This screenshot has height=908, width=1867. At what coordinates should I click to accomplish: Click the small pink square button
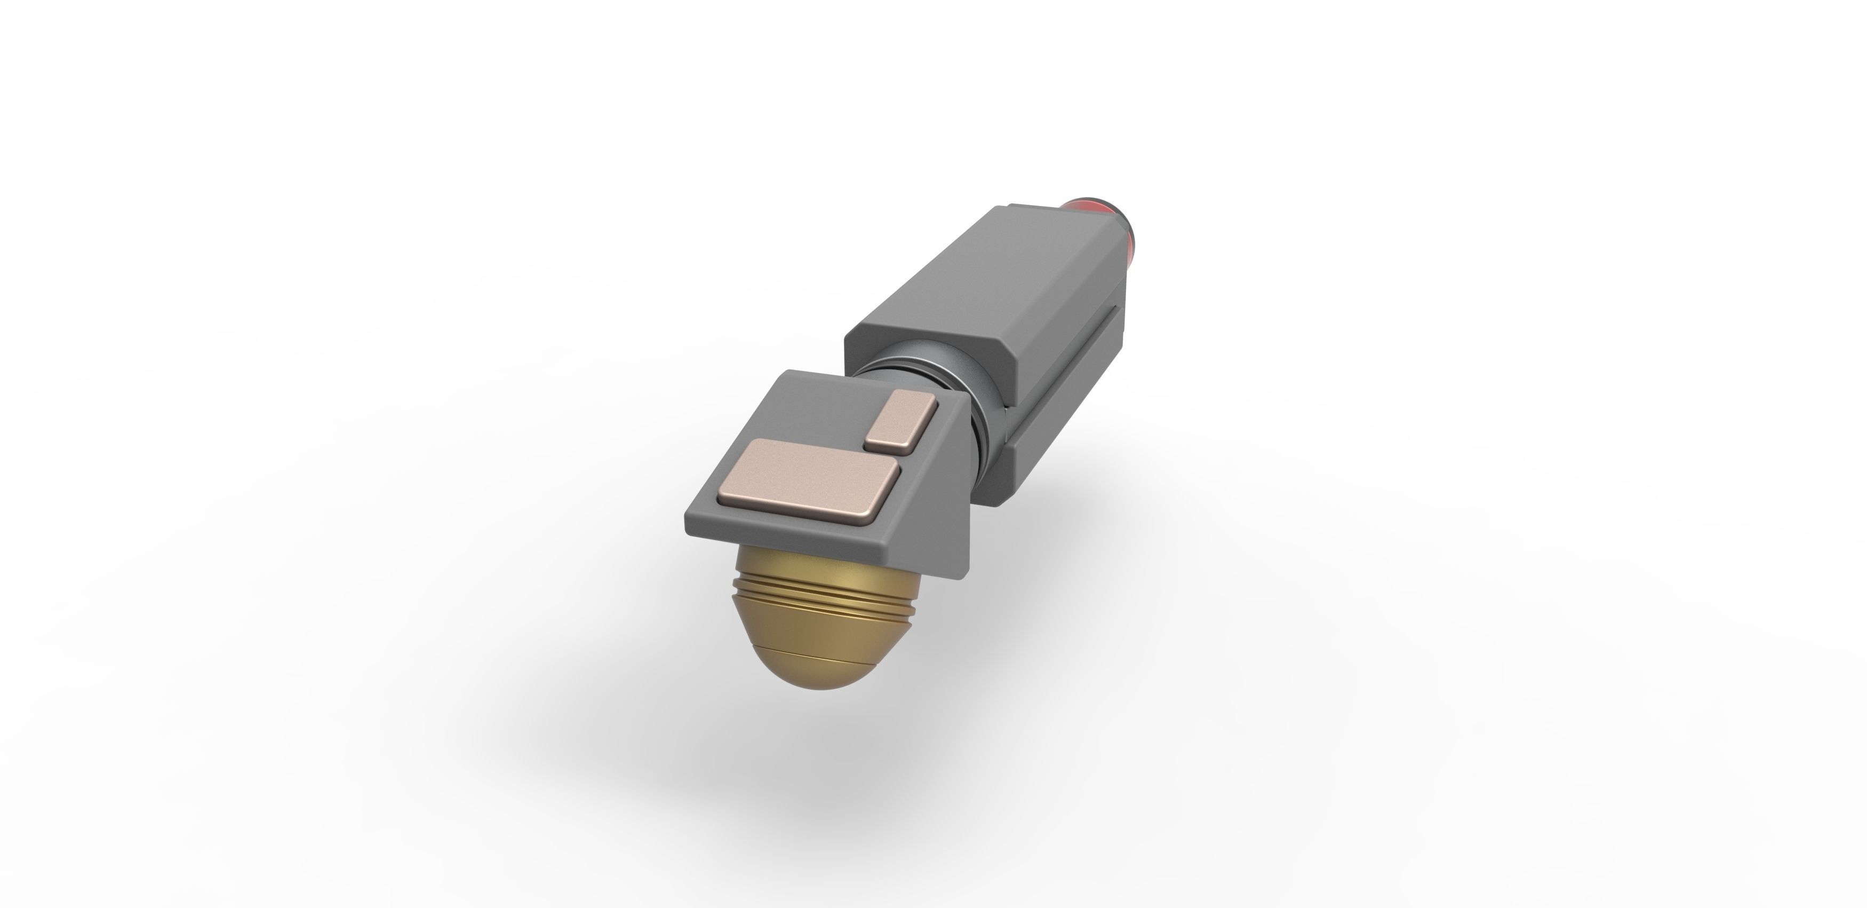point(903,422)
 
